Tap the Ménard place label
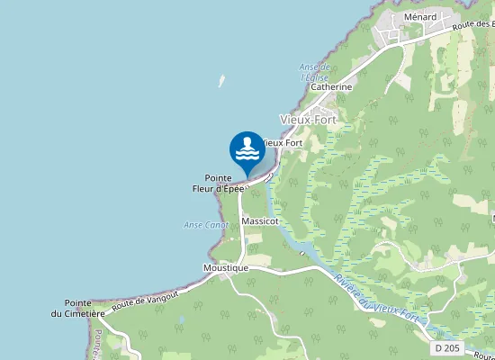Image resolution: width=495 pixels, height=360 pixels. (420, 17)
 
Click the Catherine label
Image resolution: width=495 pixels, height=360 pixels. (330, 87)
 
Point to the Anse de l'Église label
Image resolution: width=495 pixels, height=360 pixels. (315, 72)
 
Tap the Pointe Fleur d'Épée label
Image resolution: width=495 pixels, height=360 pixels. (219, 184)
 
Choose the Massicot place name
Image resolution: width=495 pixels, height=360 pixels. (260, 220)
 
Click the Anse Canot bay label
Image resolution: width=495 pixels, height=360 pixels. (205, 225)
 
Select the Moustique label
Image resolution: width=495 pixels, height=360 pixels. (225, 268)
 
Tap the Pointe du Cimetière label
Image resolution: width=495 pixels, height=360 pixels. (85, 308)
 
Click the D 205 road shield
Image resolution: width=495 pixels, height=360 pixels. (445, 347)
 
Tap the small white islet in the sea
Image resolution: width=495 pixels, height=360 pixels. (221, 81)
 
